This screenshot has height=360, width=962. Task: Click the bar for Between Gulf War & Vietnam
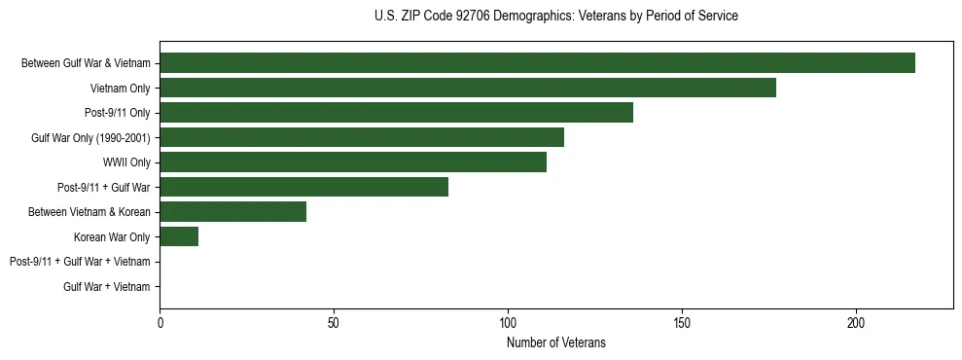point(537,62)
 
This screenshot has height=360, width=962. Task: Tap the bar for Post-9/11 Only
point(396,113)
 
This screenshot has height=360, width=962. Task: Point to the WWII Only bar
point(353,162)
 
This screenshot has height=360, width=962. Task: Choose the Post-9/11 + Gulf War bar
point(303,187)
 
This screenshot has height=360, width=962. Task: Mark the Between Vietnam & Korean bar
point(232,212)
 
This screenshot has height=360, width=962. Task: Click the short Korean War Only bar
point(179,236)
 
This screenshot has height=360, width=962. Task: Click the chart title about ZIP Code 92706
point(555,17)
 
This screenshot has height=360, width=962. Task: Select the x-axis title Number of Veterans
point(555,342)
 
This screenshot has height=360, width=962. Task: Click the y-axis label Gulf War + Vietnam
point(106,287)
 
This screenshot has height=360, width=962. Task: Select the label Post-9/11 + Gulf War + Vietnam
point(80,262)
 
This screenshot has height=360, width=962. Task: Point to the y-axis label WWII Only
point(126,162)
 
